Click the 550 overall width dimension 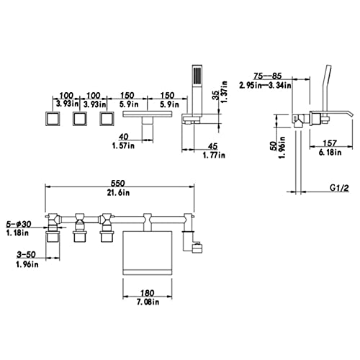[118, 184]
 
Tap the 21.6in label [118, 192]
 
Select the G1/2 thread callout [339, 188]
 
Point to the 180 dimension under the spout [148, 293]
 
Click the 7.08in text [148, 302]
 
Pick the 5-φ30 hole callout [19, 224]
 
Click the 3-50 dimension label [26, 254]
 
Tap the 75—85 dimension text [267, 76]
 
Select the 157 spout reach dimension [330, 143]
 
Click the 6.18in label [330, 152]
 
